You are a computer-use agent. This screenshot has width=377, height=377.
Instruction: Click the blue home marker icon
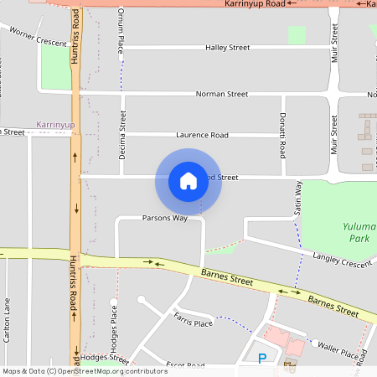tap(188, 180)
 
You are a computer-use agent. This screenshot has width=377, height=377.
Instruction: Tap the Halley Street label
tap(228, 48)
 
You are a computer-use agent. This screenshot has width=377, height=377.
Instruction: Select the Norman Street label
tap(222, 95)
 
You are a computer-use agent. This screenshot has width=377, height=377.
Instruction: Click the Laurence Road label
tap(202, 135)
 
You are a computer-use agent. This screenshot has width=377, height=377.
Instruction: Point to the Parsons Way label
tap(164, 218)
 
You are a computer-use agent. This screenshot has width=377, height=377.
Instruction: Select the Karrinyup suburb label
tap(56, 125)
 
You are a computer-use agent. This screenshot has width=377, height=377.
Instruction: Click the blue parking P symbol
tap(262, 359)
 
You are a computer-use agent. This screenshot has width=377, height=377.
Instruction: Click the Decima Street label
tap(122, 136)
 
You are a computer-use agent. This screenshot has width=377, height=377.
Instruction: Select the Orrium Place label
tap(121, 33)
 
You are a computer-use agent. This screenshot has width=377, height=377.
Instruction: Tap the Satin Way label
tap(297, 202)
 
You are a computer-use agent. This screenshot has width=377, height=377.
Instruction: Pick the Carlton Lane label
tap(8, 320)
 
